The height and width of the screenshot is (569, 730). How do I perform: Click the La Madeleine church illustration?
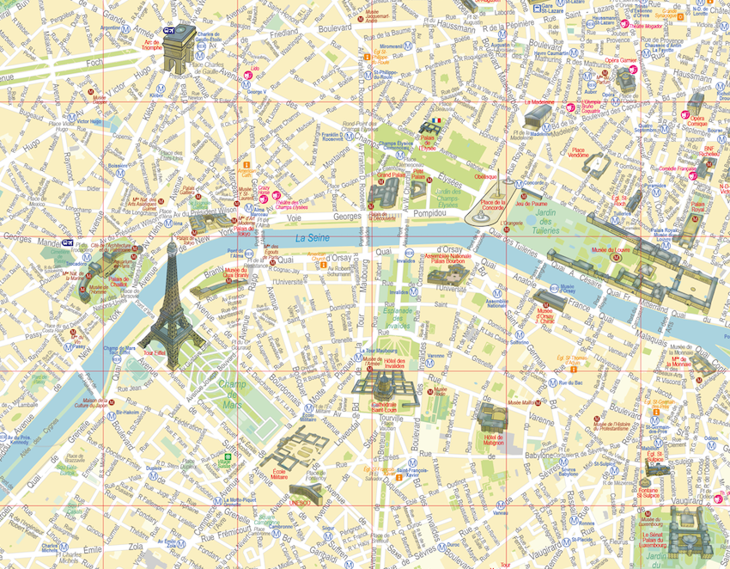[540, 118]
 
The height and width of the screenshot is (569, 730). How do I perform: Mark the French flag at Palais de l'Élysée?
[437, 121]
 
